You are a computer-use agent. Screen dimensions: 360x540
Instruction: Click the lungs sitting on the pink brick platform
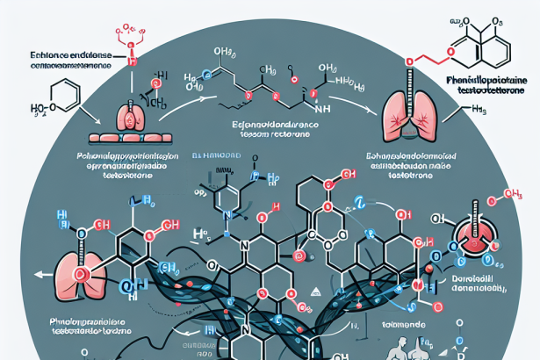tap(132, 118)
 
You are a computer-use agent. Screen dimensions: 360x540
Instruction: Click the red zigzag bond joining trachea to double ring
tap(430, 59)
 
